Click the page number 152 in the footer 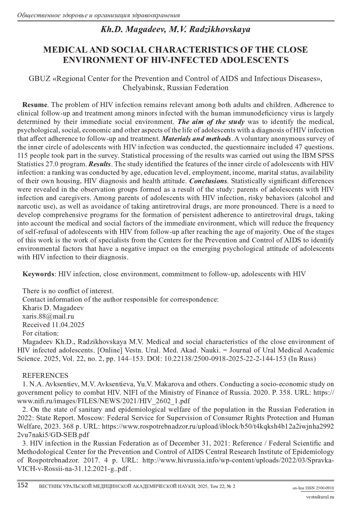(x=23, y=485)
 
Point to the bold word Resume (x=35, y=105)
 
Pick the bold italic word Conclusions (x=208, y=181)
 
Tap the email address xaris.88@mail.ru (x=48, y=316)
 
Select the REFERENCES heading (x=45, y=376)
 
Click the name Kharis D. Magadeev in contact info (x=53, y=308)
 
